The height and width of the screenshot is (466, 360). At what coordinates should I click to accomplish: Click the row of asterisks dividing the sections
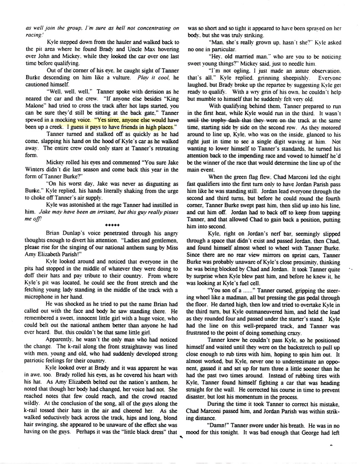(112, 225)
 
